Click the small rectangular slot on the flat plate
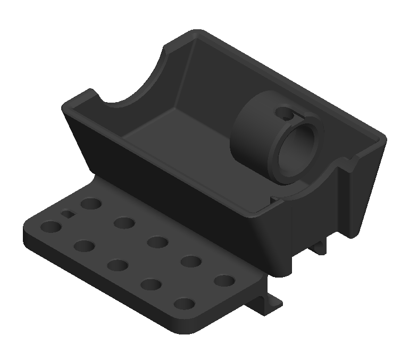tap(68, 214)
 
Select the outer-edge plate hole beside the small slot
tap(51, 227)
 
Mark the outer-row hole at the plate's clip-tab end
tap(184, 305)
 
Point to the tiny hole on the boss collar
tap(288, 114)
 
